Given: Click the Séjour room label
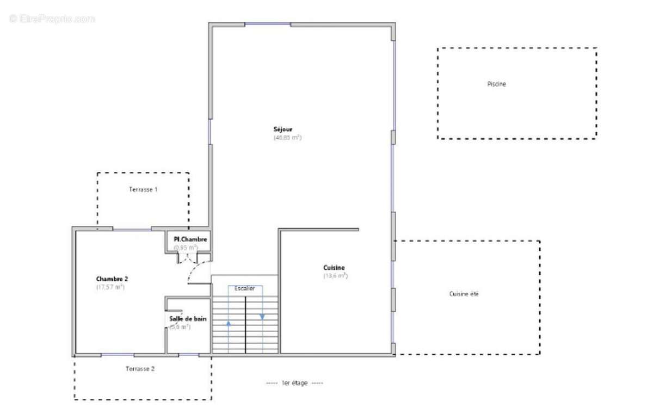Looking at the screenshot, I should (283, 129).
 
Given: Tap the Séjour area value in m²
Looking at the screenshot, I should (287, 138).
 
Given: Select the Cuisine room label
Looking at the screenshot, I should (334, 268).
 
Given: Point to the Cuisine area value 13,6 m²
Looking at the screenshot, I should (335, 276).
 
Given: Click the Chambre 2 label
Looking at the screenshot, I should (112, 279).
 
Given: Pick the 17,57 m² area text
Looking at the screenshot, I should (110, 287).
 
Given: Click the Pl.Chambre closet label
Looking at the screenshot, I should (190, 239).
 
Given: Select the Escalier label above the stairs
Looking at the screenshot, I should (244, 288).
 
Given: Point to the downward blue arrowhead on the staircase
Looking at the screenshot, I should (262, 316).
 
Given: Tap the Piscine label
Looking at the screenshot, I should (496, 84).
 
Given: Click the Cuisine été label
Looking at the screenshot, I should (464, 294).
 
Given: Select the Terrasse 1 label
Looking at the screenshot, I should (143, 190).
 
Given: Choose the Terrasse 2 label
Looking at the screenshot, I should (140, 369).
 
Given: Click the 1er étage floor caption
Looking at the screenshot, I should (294, 383).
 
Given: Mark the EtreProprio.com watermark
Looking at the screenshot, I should (52, 18).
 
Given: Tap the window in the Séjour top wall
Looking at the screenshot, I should (267, 24).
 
